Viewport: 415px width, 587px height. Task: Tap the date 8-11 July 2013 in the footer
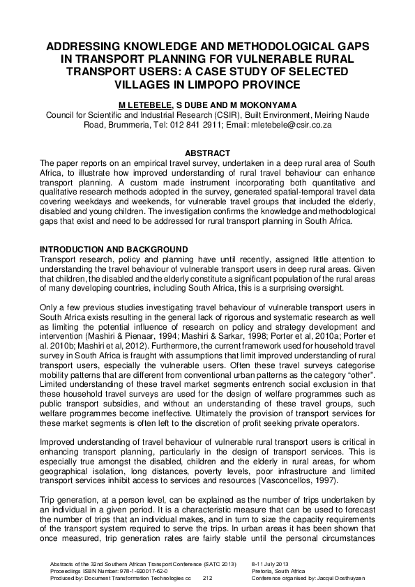tap(273, 563)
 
